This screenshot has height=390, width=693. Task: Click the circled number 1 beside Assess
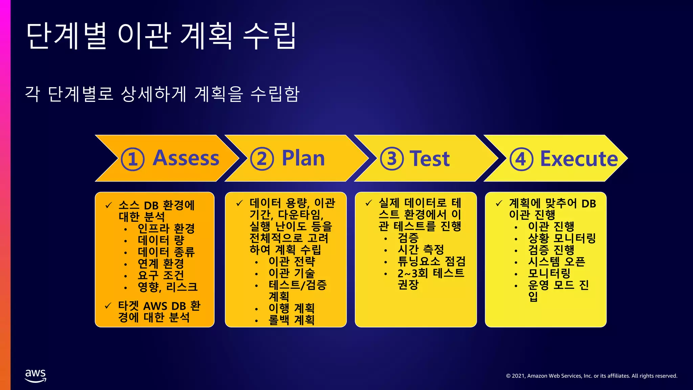(133, 159)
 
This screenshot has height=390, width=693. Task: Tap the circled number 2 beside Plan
(262, 159)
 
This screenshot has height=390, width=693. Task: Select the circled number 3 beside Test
(392, 159)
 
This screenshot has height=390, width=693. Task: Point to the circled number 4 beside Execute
(521, 159)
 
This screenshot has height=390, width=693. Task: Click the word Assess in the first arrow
(186, 158)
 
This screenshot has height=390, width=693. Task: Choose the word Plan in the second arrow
(303, 158)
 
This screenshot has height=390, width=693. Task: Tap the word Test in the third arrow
(429, 158)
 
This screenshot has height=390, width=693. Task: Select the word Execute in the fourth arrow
(579, 158)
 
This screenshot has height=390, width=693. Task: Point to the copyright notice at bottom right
(591, 376)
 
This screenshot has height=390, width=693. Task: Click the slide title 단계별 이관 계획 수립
(161, 36)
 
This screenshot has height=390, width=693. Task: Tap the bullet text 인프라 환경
(166, 229)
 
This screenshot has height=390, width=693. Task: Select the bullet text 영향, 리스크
(167, 287)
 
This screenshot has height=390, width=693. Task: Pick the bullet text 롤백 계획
(291, 320)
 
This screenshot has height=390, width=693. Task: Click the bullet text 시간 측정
(421, 250)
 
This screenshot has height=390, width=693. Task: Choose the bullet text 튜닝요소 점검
(431, 261)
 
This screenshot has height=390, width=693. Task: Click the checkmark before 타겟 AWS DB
(108, 306)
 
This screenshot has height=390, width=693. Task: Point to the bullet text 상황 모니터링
(562, 238)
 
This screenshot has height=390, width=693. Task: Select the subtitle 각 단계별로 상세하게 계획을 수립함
(162, 94)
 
